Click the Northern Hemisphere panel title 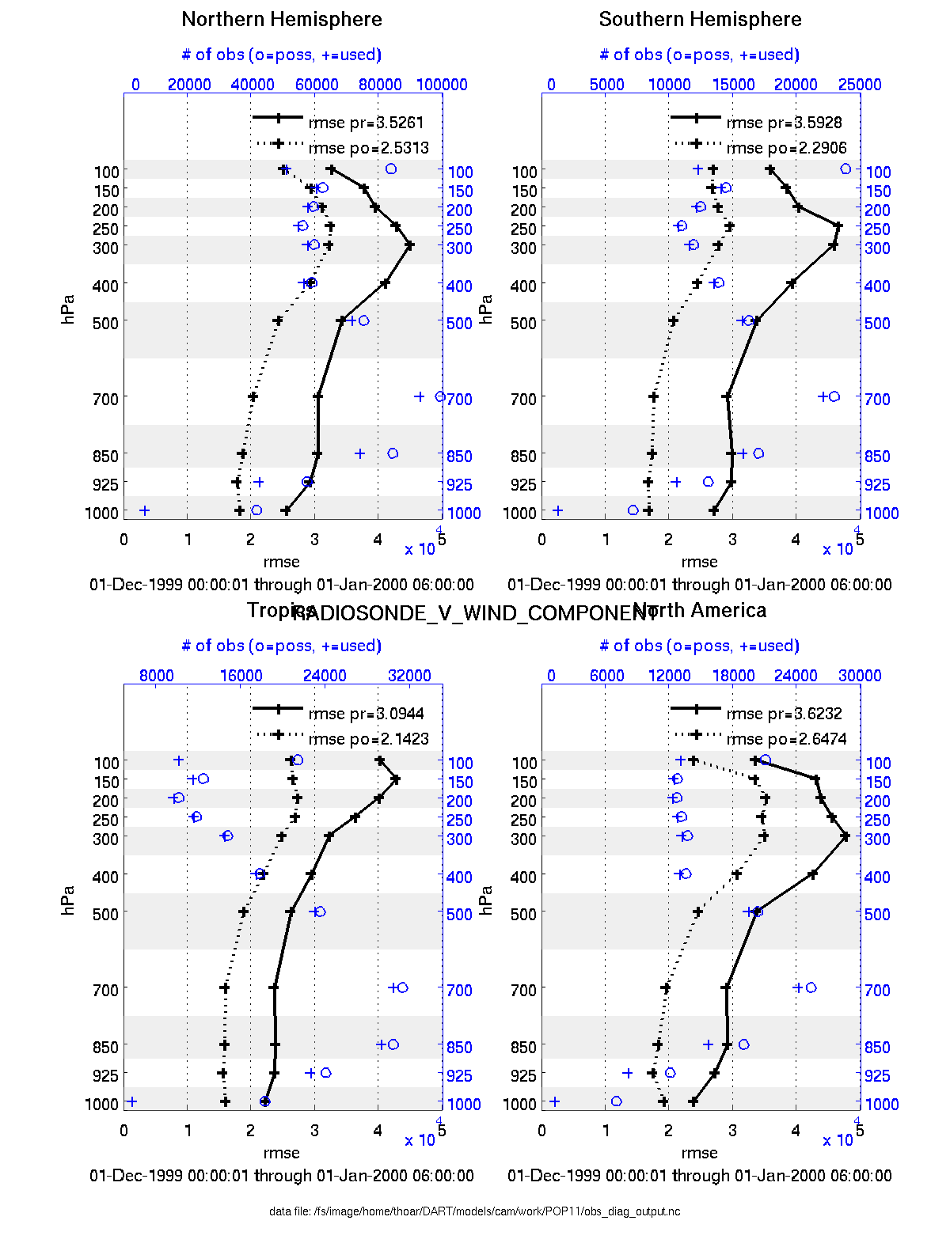coord(282,20)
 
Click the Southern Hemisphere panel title coord(700,20)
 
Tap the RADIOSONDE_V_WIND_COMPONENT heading coord(475,613)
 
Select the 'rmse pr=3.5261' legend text coord(367,123)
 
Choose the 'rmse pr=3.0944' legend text coord(367,714)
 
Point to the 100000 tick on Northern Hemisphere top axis coord(442,85)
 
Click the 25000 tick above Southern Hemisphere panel coord(860,85)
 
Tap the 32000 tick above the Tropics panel coord(409,676)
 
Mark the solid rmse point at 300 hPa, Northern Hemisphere coord(409,245)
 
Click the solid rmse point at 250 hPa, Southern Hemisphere coord(838,226)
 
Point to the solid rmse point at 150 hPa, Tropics coord(396,779)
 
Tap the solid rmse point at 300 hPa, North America coord(845,836)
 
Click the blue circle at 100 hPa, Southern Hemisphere coord(845,169)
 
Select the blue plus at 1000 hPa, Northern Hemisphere coord(144,510)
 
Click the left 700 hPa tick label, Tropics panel coord(105,990)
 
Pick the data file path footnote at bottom coord(474,1211)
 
